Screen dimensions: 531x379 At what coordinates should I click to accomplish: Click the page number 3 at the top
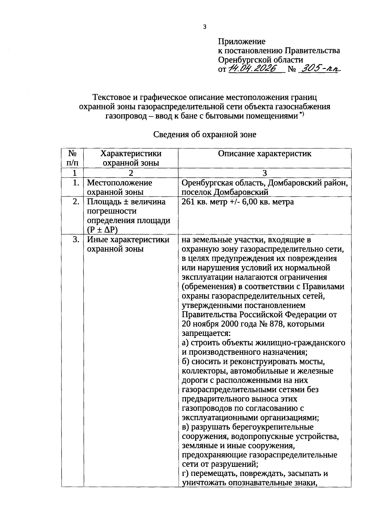[204, 27]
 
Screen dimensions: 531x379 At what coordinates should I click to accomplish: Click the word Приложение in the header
[242, 41]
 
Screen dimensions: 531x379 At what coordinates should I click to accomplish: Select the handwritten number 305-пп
[319, 69]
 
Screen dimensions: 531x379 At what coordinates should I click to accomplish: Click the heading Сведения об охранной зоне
[205, 135]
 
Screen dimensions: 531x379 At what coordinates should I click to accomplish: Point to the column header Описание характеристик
[265, 154]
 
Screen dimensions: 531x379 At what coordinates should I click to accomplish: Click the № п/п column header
[73, 158]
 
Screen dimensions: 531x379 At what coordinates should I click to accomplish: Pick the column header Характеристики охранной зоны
[131, 158]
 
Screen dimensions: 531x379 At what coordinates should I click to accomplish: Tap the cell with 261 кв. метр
[238, 202]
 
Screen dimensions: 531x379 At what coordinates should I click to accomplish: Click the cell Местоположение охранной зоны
[119, 187]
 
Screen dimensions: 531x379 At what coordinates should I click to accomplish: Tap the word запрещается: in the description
[206, 333]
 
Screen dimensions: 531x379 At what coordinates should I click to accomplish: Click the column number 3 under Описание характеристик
[265, 173]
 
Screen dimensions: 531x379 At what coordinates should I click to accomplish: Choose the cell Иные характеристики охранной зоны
[128, 244]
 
